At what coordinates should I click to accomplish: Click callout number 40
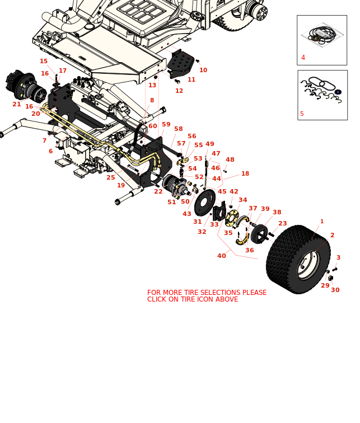coord(222,256)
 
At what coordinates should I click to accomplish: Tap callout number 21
coord(17,104)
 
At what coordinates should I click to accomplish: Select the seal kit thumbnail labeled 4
coord(321,39)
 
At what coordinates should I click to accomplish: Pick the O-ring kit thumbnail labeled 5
coord(322,94)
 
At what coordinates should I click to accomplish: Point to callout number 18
coord(245,174)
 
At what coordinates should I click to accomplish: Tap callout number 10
coord(203,70)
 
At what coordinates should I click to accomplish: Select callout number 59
coord(166,125)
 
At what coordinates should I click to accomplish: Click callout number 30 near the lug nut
coord(335,290)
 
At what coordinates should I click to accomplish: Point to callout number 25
coord(111,177)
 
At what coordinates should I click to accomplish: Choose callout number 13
coord(152,85)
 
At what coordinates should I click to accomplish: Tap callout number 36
coord(249,250)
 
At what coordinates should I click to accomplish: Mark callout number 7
coord(44,140)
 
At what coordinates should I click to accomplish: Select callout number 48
coord(230,159)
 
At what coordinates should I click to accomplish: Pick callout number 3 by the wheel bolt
coord(338,257)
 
